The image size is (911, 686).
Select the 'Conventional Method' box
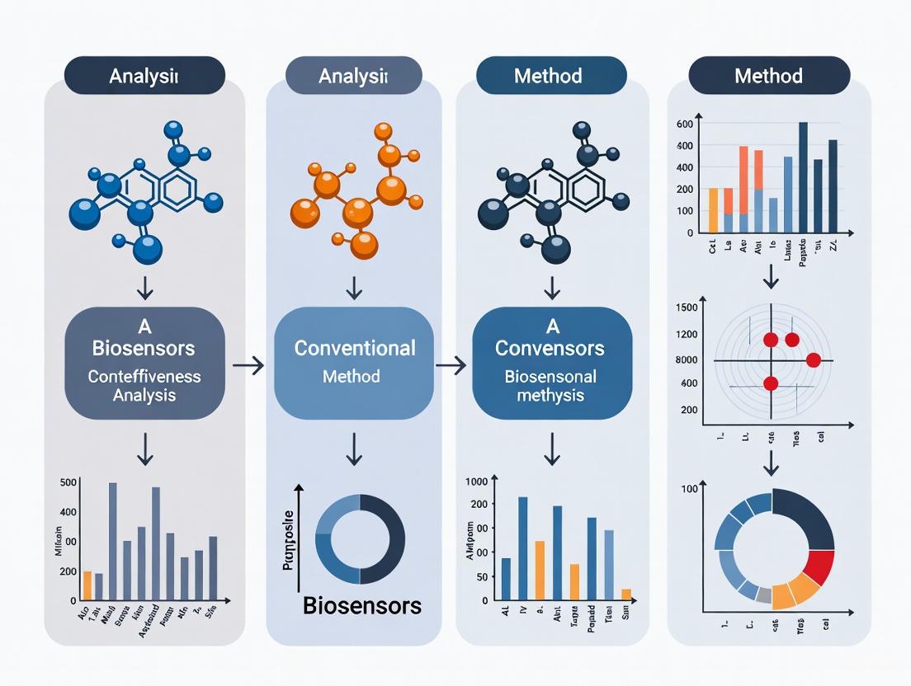(354, 363)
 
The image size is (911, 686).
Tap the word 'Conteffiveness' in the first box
(145, 377)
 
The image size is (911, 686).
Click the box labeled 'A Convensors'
(551, 363)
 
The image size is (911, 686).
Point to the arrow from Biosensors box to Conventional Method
(248, 364)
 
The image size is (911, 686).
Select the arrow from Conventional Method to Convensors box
(450, 364)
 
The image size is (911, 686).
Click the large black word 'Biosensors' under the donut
(361, 606)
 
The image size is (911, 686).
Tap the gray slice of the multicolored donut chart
(764, 595)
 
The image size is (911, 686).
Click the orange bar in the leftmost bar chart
(87, 585)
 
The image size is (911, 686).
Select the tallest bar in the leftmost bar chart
(113, 541)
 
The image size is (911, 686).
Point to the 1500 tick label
(687, 308)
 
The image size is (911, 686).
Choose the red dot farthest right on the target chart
(813, 359)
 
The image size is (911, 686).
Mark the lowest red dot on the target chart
(771, 383)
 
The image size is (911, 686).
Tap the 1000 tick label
(477, 482)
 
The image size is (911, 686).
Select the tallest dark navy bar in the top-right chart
(803, 177)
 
